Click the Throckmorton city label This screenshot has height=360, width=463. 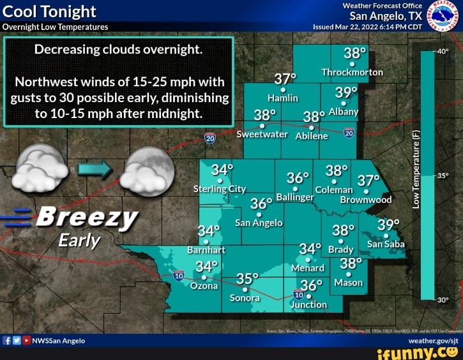[x=352, y=72]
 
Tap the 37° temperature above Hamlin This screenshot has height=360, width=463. [x=285, y=79]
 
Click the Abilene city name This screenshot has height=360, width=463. [x=311, y=136]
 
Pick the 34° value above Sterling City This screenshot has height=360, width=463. [x=222, y=170]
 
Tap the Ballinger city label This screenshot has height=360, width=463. [x=294, y=197]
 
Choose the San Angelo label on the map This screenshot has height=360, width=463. [x=259, y=223]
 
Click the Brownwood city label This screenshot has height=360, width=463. [x=365, y=200]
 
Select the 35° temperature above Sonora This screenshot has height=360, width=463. [x=248, y=280]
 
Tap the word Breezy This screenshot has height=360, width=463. [x=87, y=218]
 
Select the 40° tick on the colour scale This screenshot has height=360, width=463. [x=444, y=52]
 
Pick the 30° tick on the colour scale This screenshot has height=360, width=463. [x=444, y=299]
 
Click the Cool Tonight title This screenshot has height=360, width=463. [x=50, y=11]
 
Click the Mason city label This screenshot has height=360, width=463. [x=349, y=282]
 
